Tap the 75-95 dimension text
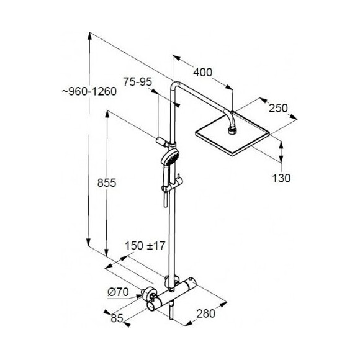(138, 82)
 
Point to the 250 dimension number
(278, 108)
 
